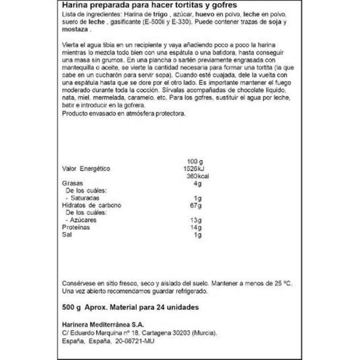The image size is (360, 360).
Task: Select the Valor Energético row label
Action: [x=89, y=169]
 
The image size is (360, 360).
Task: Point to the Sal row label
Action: [x=67, y=236]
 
